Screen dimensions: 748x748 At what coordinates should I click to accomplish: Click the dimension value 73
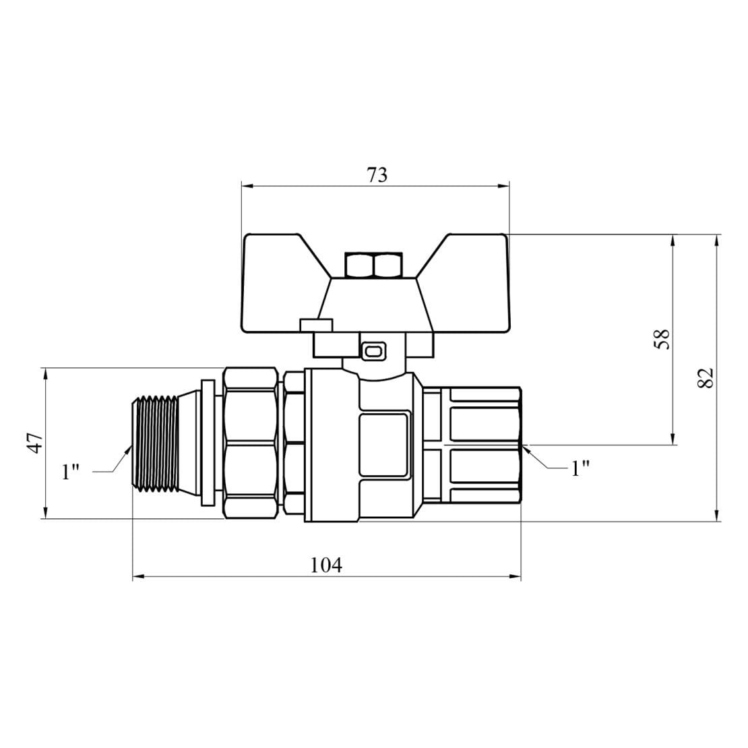[377, 175]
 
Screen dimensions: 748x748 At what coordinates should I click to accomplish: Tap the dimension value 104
[326, 565]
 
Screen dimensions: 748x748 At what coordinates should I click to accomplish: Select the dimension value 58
[662, 339]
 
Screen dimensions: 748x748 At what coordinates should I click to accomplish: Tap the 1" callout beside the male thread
[70, 472]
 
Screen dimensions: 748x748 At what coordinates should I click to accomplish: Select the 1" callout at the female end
[580, 468]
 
